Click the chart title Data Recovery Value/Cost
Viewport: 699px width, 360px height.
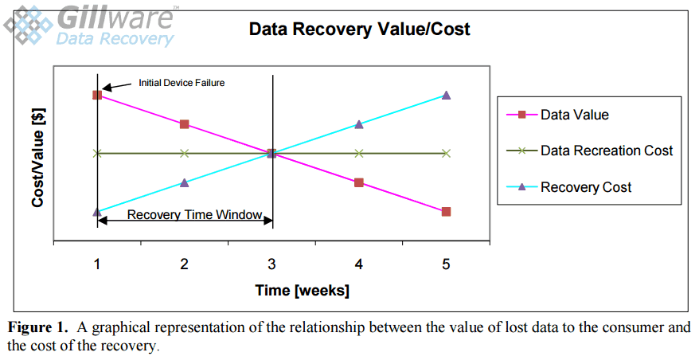(359, 30)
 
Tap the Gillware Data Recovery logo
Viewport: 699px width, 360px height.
(92, 25)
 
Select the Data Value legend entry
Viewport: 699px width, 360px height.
(574, 115)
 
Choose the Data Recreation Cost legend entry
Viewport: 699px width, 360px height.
(606, 151)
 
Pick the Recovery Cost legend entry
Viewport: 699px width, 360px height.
(585, 187)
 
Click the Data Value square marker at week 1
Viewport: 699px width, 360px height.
(97, 95)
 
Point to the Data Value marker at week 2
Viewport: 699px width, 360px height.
(184, 124)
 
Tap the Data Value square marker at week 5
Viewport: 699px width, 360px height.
(446, 212)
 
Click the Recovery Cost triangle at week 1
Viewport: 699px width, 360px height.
(97, 212)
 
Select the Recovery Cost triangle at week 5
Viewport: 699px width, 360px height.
(446, 95)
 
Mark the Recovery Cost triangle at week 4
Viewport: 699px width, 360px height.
(359, 124)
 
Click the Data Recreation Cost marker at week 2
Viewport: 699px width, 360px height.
(184, 153)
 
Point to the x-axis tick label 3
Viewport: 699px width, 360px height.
(271, 264)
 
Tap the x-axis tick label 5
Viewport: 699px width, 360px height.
(446, 264)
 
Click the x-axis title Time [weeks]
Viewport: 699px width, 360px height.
(302, 291)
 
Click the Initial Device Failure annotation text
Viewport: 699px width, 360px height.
(182, 82)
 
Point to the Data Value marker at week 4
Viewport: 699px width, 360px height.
(359, 182)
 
